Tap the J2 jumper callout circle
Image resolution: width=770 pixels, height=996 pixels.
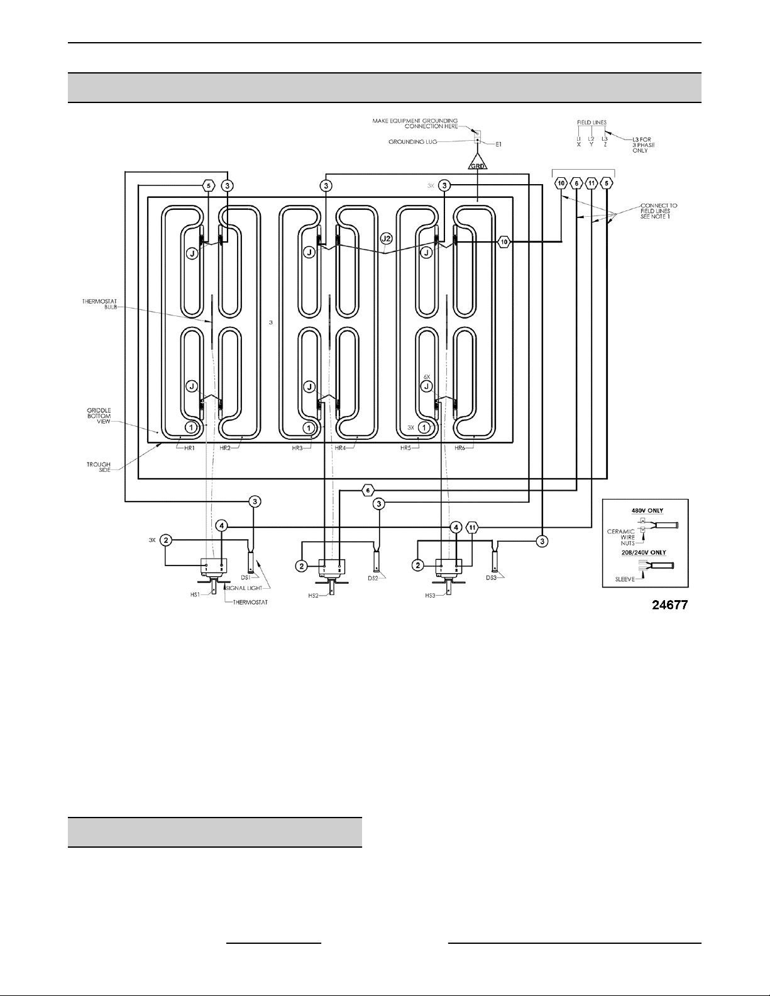[x=386, y=239]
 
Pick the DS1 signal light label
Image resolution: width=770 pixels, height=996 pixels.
[x=246, y=577]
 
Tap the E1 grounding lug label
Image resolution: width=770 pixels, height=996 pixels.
[x=498, y=145]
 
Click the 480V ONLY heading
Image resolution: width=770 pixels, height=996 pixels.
[x=645, y=510]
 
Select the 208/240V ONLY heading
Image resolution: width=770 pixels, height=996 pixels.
[x=645, y=552]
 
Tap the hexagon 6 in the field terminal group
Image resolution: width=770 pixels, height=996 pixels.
[x=576, y=183]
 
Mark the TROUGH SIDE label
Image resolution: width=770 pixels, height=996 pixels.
[x=99, y=468]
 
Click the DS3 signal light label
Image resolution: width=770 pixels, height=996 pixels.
[x=492, y=577]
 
